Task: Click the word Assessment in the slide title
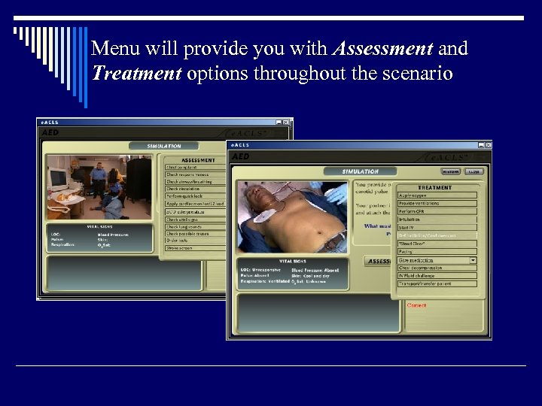point(382,50)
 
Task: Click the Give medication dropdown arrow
point(473,260)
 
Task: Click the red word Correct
point(416,305)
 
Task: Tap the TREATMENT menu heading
point(435,187)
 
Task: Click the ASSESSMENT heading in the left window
point(198,159)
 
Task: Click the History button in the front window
point(451,171)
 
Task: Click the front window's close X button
point(489,144)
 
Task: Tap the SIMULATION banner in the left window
point(164,146)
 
